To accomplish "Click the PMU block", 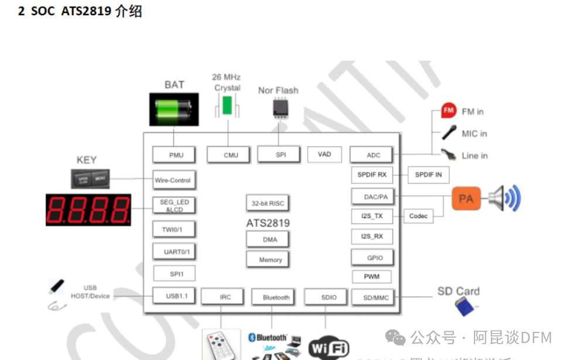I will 176,155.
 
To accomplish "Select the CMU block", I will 231,155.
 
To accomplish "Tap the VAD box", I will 325,154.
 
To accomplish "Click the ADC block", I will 373,155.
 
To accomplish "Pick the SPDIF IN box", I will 428,175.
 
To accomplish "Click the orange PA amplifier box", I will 466,199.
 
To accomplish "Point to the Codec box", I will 418,216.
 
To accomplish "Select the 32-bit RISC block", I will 268,203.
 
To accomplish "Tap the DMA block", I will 269,239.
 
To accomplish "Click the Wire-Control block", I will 172,180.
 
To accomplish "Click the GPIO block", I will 374,257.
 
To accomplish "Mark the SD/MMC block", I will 376,298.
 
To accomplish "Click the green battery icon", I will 173,109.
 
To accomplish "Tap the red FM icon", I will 449,110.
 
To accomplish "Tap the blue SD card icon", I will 465,305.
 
